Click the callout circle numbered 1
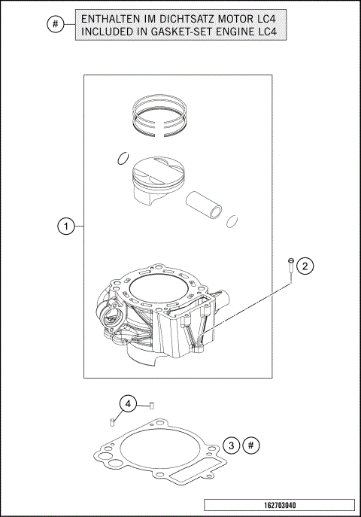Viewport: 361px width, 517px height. click(x=67, y=226)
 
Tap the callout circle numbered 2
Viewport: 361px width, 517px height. click(x=305, y=266)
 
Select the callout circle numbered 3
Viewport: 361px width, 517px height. click(x=233, y=446)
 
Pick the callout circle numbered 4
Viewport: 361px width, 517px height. click(x=129, y=405)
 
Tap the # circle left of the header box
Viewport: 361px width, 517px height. click(x=55, y=25)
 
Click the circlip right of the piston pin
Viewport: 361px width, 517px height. click(x=233, y=222)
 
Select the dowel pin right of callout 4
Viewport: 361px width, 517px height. click(x=150, y=405)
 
